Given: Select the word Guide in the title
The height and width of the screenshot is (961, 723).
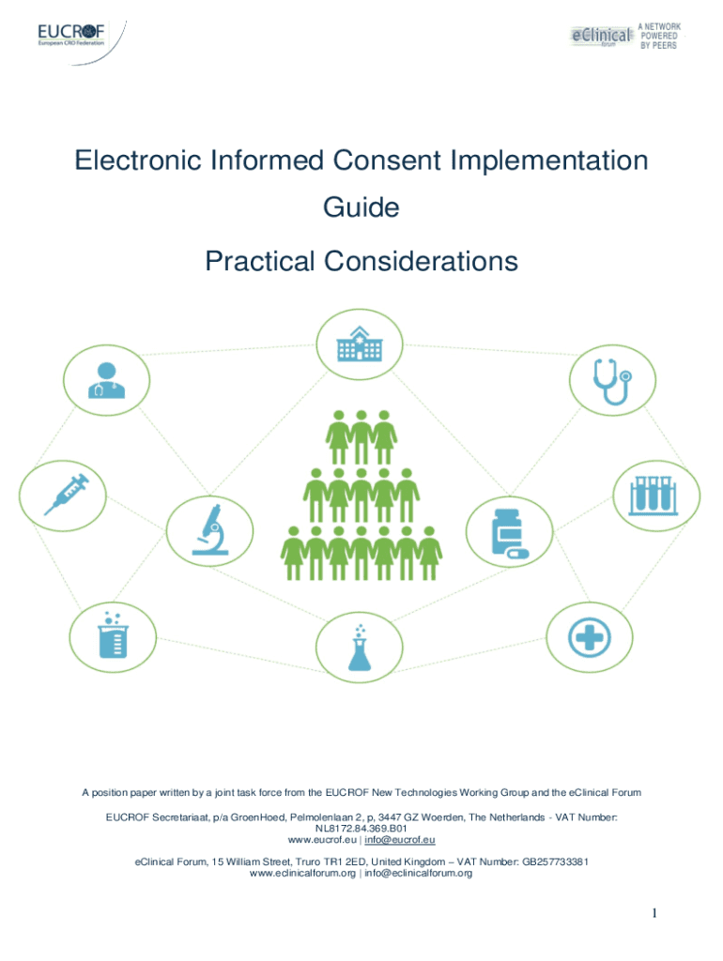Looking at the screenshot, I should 361,206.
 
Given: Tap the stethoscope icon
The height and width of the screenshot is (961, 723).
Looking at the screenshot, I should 612,381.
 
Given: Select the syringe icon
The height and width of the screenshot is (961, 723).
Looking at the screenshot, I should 66,494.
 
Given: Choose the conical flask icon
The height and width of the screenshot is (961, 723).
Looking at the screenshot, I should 359,647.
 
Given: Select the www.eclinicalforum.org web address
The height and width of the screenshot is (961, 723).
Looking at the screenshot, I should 302,873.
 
